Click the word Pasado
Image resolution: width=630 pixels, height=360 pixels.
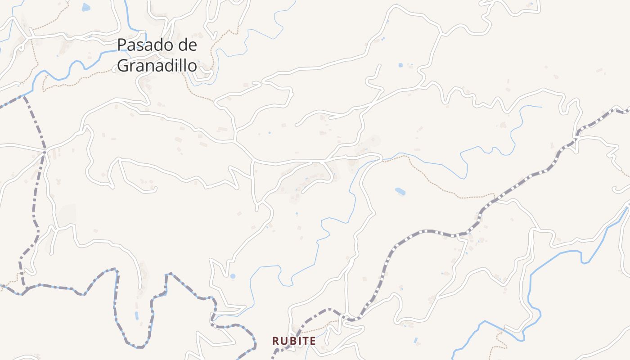point(144,45)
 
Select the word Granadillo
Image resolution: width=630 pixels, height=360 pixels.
point(157,66)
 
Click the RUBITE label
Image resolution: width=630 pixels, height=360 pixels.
point(294,341)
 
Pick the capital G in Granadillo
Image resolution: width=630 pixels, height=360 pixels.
point(123,66)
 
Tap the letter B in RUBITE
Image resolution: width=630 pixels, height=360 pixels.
point(291,341)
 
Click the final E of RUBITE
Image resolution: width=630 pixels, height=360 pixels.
point(313,341)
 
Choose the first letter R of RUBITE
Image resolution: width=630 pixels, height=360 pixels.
point(275,341)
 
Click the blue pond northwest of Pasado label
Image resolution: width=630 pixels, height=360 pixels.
point(86,7)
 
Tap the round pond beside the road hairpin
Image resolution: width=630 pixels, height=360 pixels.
point(233,276)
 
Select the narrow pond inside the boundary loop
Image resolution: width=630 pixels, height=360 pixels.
point(136,315)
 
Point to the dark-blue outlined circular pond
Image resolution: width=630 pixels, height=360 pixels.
point(400,65)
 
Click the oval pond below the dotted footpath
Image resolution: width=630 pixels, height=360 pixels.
point(400,192)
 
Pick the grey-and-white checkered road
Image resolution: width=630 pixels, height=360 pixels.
point(432,232)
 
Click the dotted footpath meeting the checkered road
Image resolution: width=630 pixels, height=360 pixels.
point(495,197)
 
